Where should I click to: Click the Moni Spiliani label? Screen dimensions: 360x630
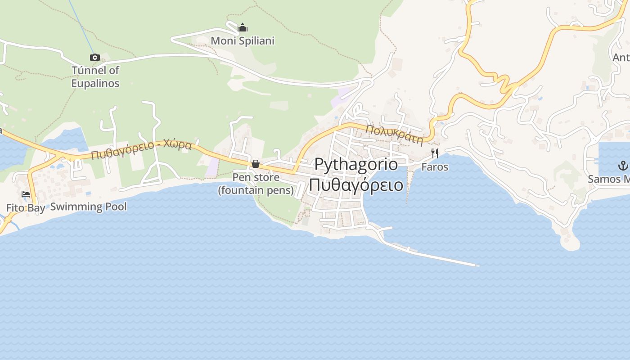243,40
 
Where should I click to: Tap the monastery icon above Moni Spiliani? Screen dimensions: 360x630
243,28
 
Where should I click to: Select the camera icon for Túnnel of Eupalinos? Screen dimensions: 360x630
94,57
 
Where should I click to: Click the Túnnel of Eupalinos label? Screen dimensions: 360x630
95,76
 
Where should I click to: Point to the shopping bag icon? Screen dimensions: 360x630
256,164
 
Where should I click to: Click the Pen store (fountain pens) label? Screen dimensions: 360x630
256,184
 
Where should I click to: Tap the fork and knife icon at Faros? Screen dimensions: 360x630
435,153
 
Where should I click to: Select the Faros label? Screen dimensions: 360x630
435,167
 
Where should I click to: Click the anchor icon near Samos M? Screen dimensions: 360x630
623,165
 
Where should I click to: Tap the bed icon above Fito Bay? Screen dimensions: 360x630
26,194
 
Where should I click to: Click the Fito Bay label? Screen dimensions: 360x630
26,208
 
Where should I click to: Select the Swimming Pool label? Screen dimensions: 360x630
88,207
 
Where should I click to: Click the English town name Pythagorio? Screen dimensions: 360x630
356,164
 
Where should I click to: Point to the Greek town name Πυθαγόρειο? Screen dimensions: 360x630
356,184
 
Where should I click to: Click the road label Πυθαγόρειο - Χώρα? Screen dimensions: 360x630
141,150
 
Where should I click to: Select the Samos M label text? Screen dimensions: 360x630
608,179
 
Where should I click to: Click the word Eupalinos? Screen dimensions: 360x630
95,83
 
